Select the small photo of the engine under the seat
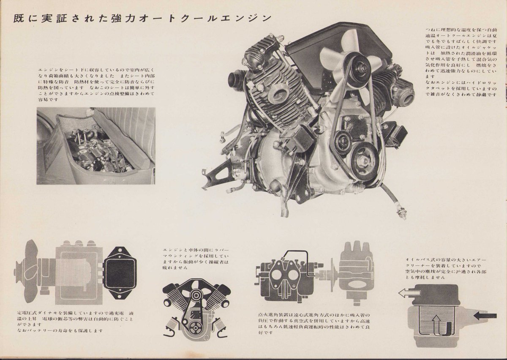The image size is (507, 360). [96, 146]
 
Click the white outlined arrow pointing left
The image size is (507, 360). [407, 292]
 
